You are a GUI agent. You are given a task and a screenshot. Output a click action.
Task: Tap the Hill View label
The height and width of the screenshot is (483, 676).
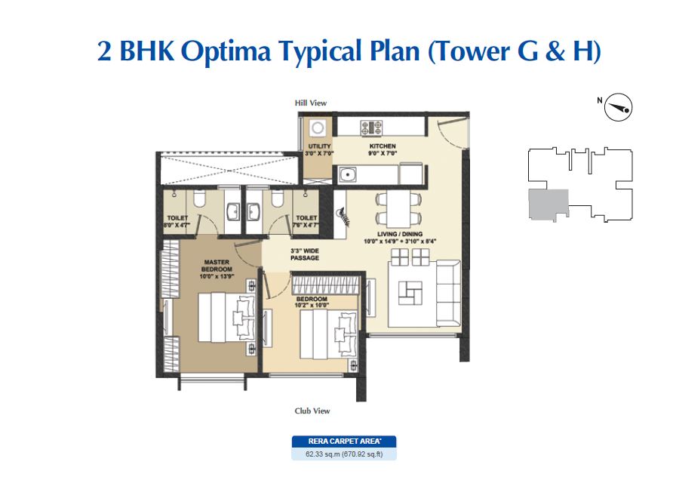click(x=310, y=103)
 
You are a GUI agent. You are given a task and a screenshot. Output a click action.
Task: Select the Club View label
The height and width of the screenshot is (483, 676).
click(x=312, y=411)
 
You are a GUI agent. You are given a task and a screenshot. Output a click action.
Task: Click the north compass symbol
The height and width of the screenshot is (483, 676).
click(x=619, y=109)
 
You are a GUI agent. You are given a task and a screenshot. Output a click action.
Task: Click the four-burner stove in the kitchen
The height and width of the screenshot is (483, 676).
click(x=370, y=127)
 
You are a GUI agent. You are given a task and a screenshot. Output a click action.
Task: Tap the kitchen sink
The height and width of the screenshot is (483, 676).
click(x=349, y=174)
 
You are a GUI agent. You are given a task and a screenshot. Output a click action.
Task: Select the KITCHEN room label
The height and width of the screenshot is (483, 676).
click(x=383, y=146)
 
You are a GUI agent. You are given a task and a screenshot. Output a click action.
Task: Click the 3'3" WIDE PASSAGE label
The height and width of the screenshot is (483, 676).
click(x=304, y=254)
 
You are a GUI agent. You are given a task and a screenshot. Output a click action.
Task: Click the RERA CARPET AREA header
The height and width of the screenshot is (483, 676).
click(x=343, y=441)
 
